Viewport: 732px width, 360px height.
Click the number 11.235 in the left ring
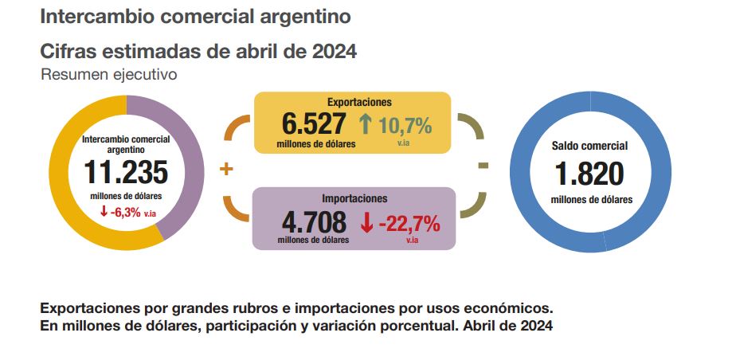(127, 173)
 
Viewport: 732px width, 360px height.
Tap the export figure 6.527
(315, 125)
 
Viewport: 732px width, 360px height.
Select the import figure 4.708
(313, 221)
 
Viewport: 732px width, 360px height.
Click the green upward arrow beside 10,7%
(366, 124)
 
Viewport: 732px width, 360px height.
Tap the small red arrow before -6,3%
(104, 211)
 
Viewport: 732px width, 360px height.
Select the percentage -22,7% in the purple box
(409, 224)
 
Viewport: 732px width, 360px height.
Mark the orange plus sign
(226, 169)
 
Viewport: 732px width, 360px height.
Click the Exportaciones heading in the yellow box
(359, 102)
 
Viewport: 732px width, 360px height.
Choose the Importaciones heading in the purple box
(354, 198)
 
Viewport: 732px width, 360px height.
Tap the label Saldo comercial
(590, 146)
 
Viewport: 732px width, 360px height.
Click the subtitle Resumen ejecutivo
(108, 74)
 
